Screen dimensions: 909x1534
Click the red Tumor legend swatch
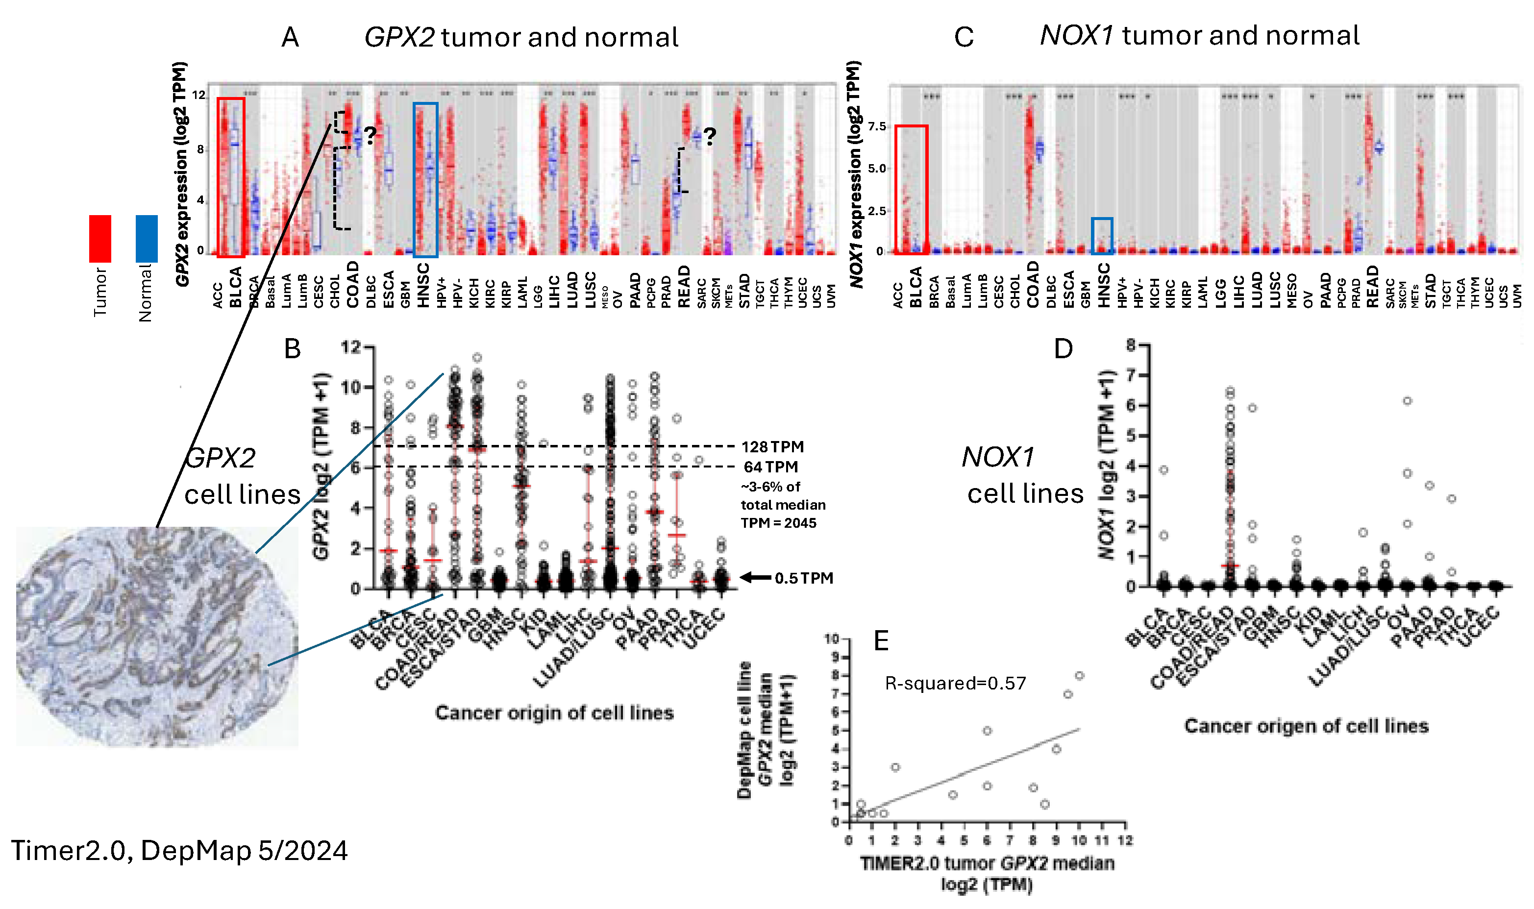(x=100, y=238)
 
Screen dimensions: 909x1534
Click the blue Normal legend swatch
(x=147, y=238)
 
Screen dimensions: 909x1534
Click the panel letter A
(x=290, y=38)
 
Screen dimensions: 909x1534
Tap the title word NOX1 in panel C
(x=1076, y=35)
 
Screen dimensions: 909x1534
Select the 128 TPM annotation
(x=772, y=446)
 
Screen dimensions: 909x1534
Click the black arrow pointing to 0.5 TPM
(x=755, y=577)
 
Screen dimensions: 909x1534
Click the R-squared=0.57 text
(x=955, y=683)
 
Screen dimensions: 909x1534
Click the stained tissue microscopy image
(x=157, y=637)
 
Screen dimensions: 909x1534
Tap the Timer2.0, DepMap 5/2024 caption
(x=179, y=851)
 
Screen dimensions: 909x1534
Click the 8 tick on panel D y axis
(x=1131, y=345)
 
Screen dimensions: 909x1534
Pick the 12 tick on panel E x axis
(x=1125, y=840)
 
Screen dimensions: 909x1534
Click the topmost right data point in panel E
(x=1079, y=676)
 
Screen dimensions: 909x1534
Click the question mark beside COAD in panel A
(x=370, y=135)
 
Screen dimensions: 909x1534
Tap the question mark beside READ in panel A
(x=710, y=136)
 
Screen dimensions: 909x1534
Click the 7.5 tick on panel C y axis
(x=877, y=126)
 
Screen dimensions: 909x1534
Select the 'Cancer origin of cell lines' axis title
(x=554, y=713)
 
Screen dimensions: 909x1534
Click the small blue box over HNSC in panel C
(x=1102, y=235)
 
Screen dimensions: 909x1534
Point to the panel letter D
(x=1063, y=348)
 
